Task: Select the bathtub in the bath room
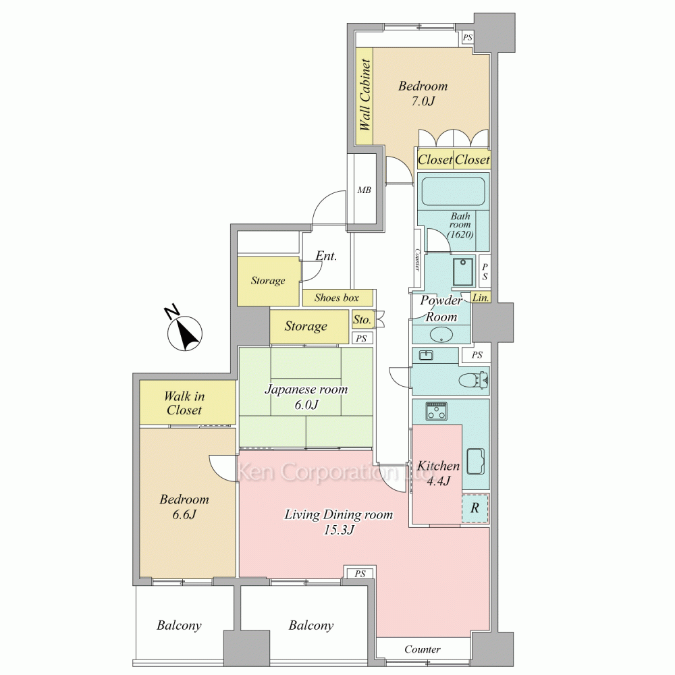point(454,191)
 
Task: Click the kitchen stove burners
point(437,411)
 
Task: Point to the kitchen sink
point(476,461)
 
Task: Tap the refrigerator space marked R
point(475,508)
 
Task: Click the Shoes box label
point(337,298)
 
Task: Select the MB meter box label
point(364,190)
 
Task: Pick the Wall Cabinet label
point(365,94)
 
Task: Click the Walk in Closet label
point(184,403)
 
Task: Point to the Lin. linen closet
point(481,298)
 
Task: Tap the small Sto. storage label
point(362,319)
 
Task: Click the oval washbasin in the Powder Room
point(441,335)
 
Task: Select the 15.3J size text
point(339,530)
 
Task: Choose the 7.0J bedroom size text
point(423,101)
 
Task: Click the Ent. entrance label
point(326,256)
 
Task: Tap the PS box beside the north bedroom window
point(468,37)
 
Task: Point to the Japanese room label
point(306,389)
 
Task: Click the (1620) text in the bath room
point(460,234)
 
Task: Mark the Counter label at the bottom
point(423,649)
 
